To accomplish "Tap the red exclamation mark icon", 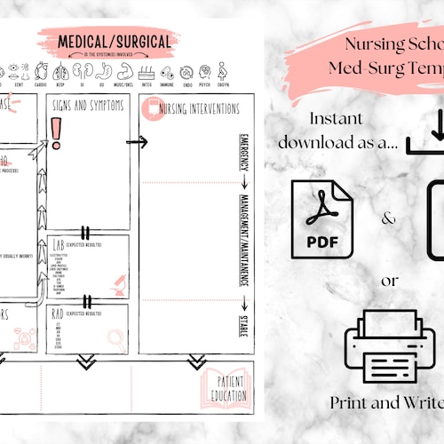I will pos(57,131).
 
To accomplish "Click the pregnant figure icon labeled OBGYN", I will pos(223,71).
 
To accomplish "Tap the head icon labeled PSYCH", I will pos(204,71).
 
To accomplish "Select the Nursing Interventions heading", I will pos(197,109).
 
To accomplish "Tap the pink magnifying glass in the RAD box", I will pos(116,337).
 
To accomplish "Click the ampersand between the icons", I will pos(389,218).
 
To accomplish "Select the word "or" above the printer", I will pos(389,281).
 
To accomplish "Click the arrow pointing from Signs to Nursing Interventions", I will pos(136,141).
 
